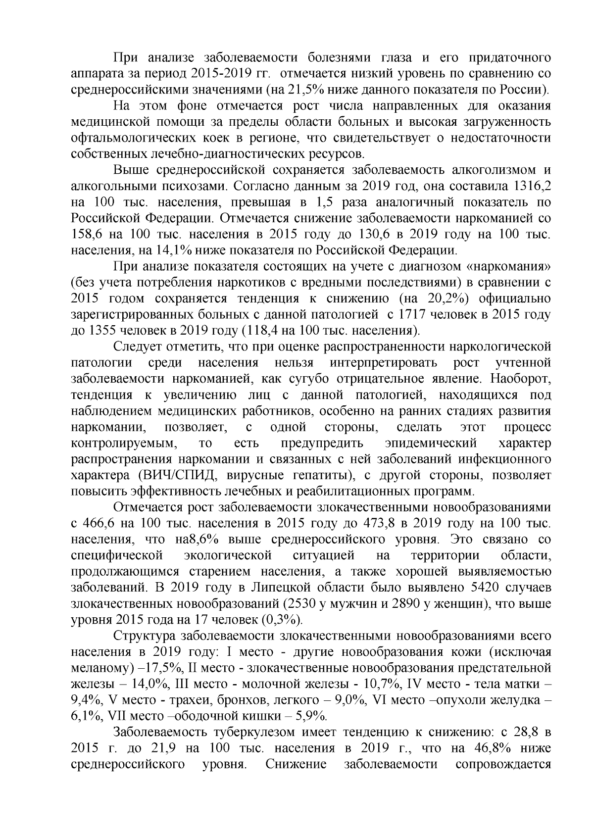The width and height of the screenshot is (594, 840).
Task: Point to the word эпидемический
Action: pos(431,443)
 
